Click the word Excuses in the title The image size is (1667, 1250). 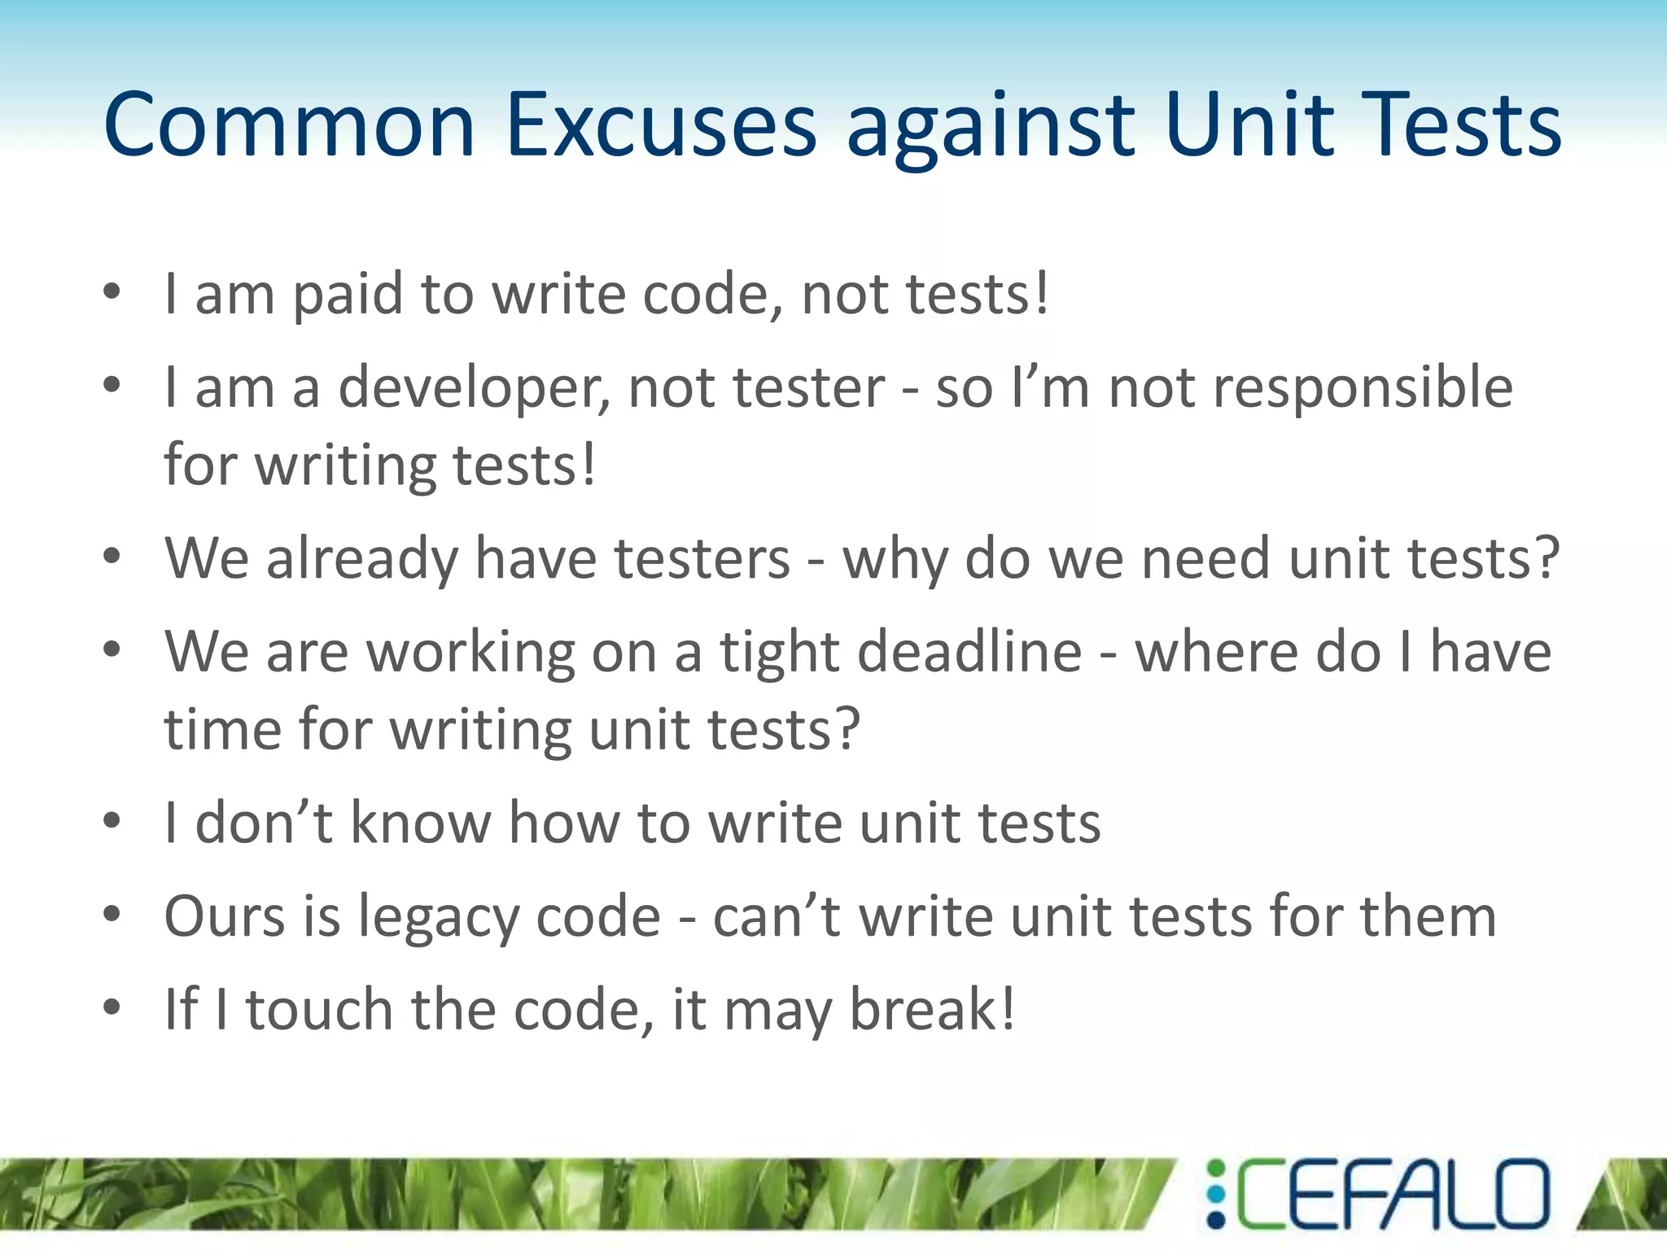[x=660, y=126]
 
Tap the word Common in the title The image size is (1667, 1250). [x=289, y=126]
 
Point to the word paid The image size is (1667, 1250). [x=348, y=295]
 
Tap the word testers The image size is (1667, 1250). [x=702, y=560]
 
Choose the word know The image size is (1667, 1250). [x=421, y=824]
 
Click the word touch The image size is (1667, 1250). [x=320, y=1010]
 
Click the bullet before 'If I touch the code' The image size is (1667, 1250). [x=112, y=1007]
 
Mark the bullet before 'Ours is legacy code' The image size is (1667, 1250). [x=112, y=914]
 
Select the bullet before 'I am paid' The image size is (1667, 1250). [x=112, y=291]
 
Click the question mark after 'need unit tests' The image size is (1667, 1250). [x=1543, y=560]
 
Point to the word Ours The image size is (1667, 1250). [x=224, y=917]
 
